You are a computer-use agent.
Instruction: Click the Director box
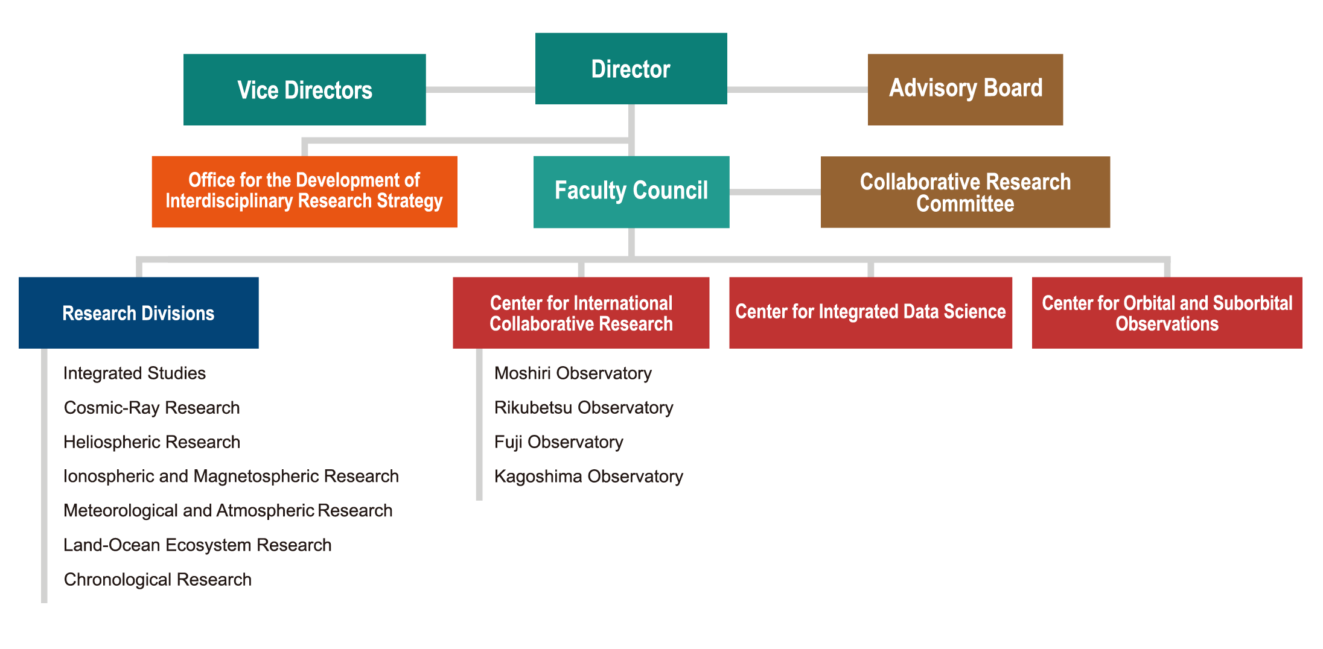(x=631, y=69)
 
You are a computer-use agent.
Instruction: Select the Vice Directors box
(x=305, y=90)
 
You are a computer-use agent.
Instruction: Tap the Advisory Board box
(x=965, y=90)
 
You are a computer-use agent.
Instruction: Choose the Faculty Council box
(x=631, y=192)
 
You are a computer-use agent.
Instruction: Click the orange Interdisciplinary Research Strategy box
(x=305, y=192)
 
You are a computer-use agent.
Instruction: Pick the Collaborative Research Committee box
(x=965, y=192)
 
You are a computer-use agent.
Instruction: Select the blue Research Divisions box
(x=139, y=313)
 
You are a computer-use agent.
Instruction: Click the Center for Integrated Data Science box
(x=870, y=313)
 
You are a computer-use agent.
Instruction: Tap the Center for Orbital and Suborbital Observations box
(x=1167, y=313)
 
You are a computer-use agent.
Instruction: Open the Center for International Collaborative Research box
(x=581, y=313)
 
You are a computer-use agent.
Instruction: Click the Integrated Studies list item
(x=135, y=373)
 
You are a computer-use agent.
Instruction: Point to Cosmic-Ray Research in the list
(x=152, y=408)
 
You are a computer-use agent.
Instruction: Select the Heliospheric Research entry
(x=152, y=442)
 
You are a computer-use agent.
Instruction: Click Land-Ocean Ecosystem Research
(x=197, y=545)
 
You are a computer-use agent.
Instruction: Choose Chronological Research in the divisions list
(x=158, y=580)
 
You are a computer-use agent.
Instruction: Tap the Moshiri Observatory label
(x=573, y=373)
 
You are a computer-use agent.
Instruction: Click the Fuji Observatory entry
(x=559, y=442)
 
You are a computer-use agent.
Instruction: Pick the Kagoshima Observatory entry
(x=588, y=476)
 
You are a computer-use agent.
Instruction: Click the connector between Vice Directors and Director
(x=480, y=90)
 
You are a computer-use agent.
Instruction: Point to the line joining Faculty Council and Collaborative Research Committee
(x=775, y=192)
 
